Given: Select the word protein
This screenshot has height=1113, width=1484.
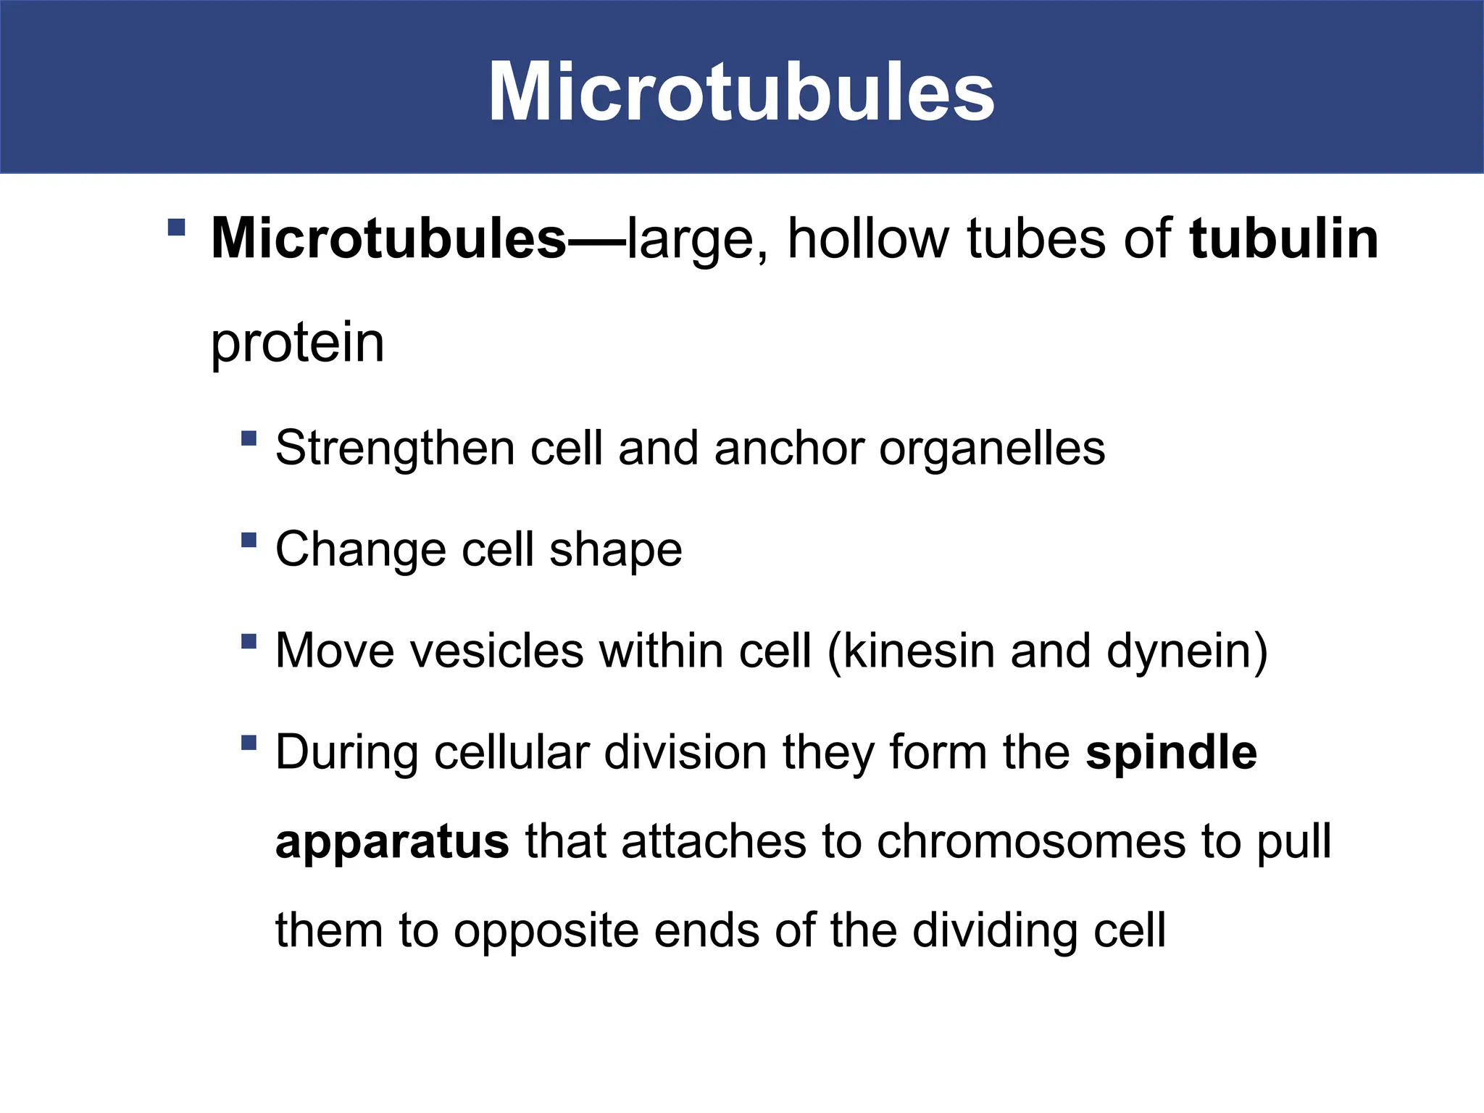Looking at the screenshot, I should pyautogui.click(x=297, y=343).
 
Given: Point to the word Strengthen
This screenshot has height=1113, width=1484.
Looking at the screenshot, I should pyautogui.click(x=395, y=449).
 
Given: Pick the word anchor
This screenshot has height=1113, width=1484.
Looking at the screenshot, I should pyautogui.click(x=789, y=449).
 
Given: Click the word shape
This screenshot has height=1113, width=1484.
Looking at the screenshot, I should pyautogui.click(x=615, y=550).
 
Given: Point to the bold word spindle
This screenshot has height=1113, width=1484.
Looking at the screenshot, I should pyautogui.click(x=1171, y=752).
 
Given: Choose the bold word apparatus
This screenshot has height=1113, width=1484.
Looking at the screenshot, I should pyautogui.click(x=392, y=842).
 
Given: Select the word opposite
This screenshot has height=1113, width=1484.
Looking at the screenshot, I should pyautogui.click(x=546, y=930).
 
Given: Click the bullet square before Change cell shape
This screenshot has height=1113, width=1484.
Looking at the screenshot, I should pyautogui.click(x=249, y=540).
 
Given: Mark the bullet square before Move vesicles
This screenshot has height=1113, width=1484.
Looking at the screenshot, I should pyautogui.click(x=249, y=641).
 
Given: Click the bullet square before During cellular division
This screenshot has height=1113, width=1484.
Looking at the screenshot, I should pyautogui.click(x=249, y=743).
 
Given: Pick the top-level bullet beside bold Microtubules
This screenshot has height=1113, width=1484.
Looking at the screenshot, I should pyautogui.click(x=176, y=228).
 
